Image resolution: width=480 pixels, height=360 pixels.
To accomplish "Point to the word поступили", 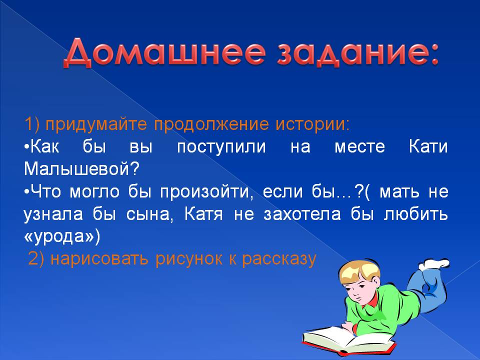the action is [221, 147].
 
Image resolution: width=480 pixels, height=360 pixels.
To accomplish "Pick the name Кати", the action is [428, 146].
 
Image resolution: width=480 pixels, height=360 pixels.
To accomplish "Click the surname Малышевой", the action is [81, 168].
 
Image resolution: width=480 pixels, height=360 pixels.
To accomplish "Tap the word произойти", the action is [207, 192].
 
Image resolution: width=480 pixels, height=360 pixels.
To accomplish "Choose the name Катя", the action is [203, 213].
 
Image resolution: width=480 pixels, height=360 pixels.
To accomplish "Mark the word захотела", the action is [302, 214].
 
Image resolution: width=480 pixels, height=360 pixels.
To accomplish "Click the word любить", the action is [415, 213].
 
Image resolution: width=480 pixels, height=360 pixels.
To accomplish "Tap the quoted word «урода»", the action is [62, 236].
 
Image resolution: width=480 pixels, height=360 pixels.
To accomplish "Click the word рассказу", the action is [279, 259].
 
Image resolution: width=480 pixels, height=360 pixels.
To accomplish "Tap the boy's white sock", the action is [434, 264].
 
